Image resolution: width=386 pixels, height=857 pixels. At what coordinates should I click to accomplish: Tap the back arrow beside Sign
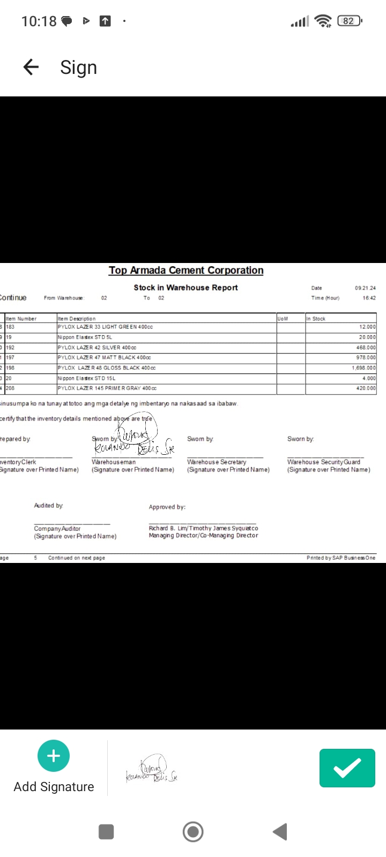[31, 67]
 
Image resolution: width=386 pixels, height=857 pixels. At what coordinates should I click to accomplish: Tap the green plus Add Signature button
[54, 756]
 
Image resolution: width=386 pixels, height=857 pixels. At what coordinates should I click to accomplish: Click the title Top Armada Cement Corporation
[186, 270]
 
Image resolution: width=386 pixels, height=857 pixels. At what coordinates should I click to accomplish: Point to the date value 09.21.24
[365, 288]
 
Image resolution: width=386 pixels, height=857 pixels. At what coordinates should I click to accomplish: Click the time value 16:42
[369, 298]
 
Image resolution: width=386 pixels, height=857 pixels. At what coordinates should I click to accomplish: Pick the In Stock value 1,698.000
[363, 368]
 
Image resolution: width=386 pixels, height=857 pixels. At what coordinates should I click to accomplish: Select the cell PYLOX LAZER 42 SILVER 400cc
[97, 348]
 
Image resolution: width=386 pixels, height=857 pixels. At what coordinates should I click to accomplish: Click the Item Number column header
[21, 319]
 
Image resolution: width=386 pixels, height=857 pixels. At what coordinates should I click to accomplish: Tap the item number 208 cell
[11, 388]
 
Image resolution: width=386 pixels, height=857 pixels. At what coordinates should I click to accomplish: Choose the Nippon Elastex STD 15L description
[86, 378]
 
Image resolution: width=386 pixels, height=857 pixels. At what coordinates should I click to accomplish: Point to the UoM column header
[283, 319]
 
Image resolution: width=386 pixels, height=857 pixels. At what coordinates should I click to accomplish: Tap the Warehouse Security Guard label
[324, 462]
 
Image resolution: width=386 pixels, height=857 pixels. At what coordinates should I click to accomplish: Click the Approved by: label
[167, 507]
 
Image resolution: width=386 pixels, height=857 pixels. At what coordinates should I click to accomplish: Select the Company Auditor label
[57, 529]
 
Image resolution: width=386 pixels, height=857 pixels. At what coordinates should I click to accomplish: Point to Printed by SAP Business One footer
[341, 558]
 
